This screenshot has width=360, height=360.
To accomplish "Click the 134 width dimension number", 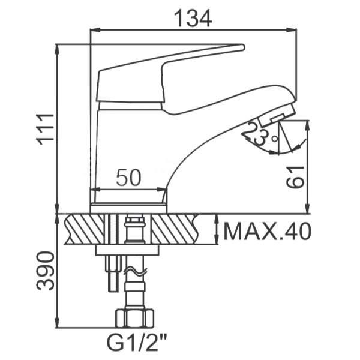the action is (x=193, y=19).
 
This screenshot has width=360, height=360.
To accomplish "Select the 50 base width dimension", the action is (x=128, y=177).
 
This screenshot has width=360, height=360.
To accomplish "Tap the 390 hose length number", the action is (x=45, y=271).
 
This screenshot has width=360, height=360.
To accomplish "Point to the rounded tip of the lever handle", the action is (x=242, y=47).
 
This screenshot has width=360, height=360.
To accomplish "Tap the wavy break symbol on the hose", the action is (x=135, y=271).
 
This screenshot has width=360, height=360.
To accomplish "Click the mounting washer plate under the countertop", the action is (x=127, y=250).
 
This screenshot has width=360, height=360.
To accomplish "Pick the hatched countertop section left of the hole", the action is (x=85, y=229).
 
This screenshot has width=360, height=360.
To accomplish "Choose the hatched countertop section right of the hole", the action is (x=175, y=229).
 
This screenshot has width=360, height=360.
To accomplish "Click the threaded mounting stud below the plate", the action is (x=113, y=273).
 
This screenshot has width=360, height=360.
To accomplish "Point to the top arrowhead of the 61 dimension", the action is (x=307, y=125).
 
